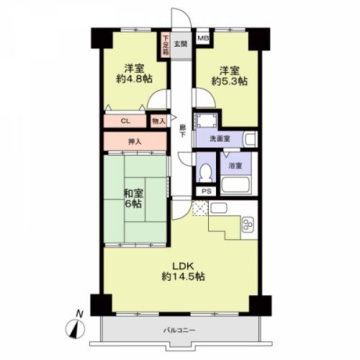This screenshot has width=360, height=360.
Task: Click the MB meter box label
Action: pos(203,38)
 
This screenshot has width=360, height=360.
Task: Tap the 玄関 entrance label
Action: pos(181,44)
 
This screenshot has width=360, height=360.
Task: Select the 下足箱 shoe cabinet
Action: pos(166,45)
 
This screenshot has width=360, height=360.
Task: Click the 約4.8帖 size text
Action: pos(135,79)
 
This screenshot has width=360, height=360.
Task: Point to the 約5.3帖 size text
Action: pos(230,81)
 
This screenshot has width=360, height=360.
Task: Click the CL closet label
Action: pos(125,121)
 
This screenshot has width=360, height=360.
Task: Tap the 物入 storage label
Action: pos(158,122)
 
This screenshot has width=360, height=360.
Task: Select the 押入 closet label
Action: pos(135,142)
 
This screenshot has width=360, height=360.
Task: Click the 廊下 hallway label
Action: pos(183,131)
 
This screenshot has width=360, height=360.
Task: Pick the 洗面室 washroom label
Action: pos(220,138)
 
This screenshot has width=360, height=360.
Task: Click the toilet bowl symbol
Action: pos(205,171)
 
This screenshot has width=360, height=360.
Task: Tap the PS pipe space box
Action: pos(207,192)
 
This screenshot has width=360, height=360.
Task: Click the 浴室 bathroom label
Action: pos(235,166)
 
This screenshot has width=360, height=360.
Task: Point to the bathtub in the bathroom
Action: pos(235,184)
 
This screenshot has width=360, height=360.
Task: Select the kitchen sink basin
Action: pos(219,208)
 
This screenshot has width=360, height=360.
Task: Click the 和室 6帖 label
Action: pos(133,199)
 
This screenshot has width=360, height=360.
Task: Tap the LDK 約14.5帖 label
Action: pos(184,271)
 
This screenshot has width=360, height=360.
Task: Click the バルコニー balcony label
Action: pos(179,330)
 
